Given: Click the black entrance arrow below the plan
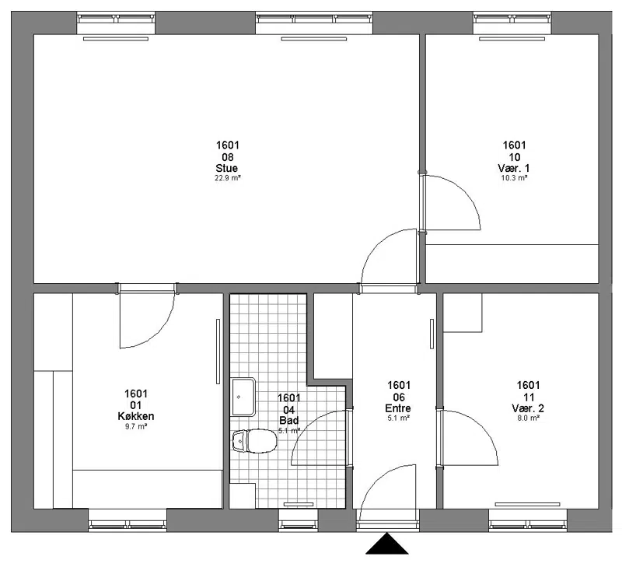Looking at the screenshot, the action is coord(386,544).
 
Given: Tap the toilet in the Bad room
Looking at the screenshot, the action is coord(255,441).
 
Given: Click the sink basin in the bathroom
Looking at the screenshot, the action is coord(243,397).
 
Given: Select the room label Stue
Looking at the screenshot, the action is coord(227,168).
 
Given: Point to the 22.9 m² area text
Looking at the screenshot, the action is coord(228,178).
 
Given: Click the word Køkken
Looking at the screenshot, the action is coord(135,416).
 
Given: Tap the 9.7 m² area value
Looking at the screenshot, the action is coord(136,427).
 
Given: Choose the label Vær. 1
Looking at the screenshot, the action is coord(514,168).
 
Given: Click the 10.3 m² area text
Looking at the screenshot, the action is coord(514,178).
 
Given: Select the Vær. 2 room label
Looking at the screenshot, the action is coord(528,408).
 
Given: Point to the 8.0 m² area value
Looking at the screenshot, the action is coord(528,418).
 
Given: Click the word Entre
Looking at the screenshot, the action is coord(398,408).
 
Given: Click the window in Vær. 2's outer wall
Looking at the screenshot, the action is coord(528,520).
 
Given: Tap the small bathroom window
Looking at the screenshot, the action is coord(299,520).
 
